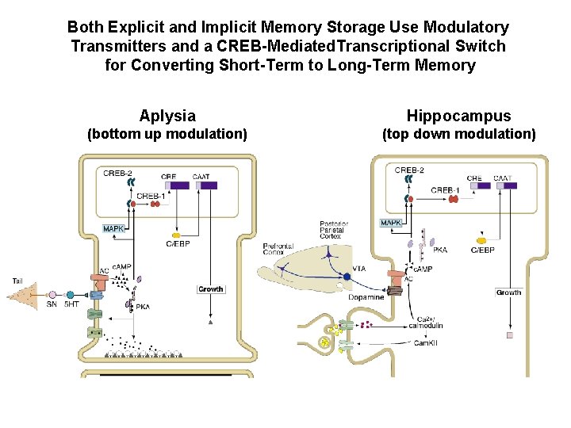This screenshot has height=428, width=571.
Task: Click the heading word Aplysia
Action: click(167, 116)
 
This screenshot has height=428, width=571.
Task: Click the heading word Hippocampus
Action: click(458, 116)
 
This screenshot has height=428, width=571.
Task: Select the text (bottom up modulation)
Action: click(167, 134)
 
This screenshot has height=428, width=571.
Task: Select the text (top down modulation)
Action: click(459, 134)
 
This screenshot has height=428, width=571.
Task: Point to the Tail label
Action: click(17, 280)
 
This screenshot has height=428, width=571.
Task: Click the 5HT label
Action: click(71, 304)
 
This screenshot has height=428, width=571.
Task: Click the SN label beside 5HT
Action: click(52, 304)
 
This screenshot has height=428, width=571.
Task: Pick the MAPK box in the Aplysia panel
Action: click(113, 229)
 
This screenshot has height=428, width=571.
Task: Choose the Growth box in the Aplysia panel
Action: click(210, 289)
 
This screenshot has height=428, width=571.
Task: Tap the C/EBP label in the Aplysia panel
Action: click(178, 243)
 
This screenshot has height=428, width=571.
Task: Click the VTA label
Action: click(359, 269)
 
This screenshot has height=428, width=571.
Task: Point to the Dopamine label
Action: click(366, 297)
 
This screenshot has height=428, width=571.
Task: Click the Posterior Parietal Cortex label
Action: click(330, 230)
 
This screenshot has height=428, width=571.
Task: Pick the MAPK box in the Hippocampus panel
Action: click(391, 223)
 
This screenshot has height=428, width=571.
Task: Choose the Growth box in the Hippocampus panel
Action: click(508, 292)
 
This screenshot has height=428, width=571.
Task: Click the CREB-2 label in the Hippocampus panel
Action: click(409, 170)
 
